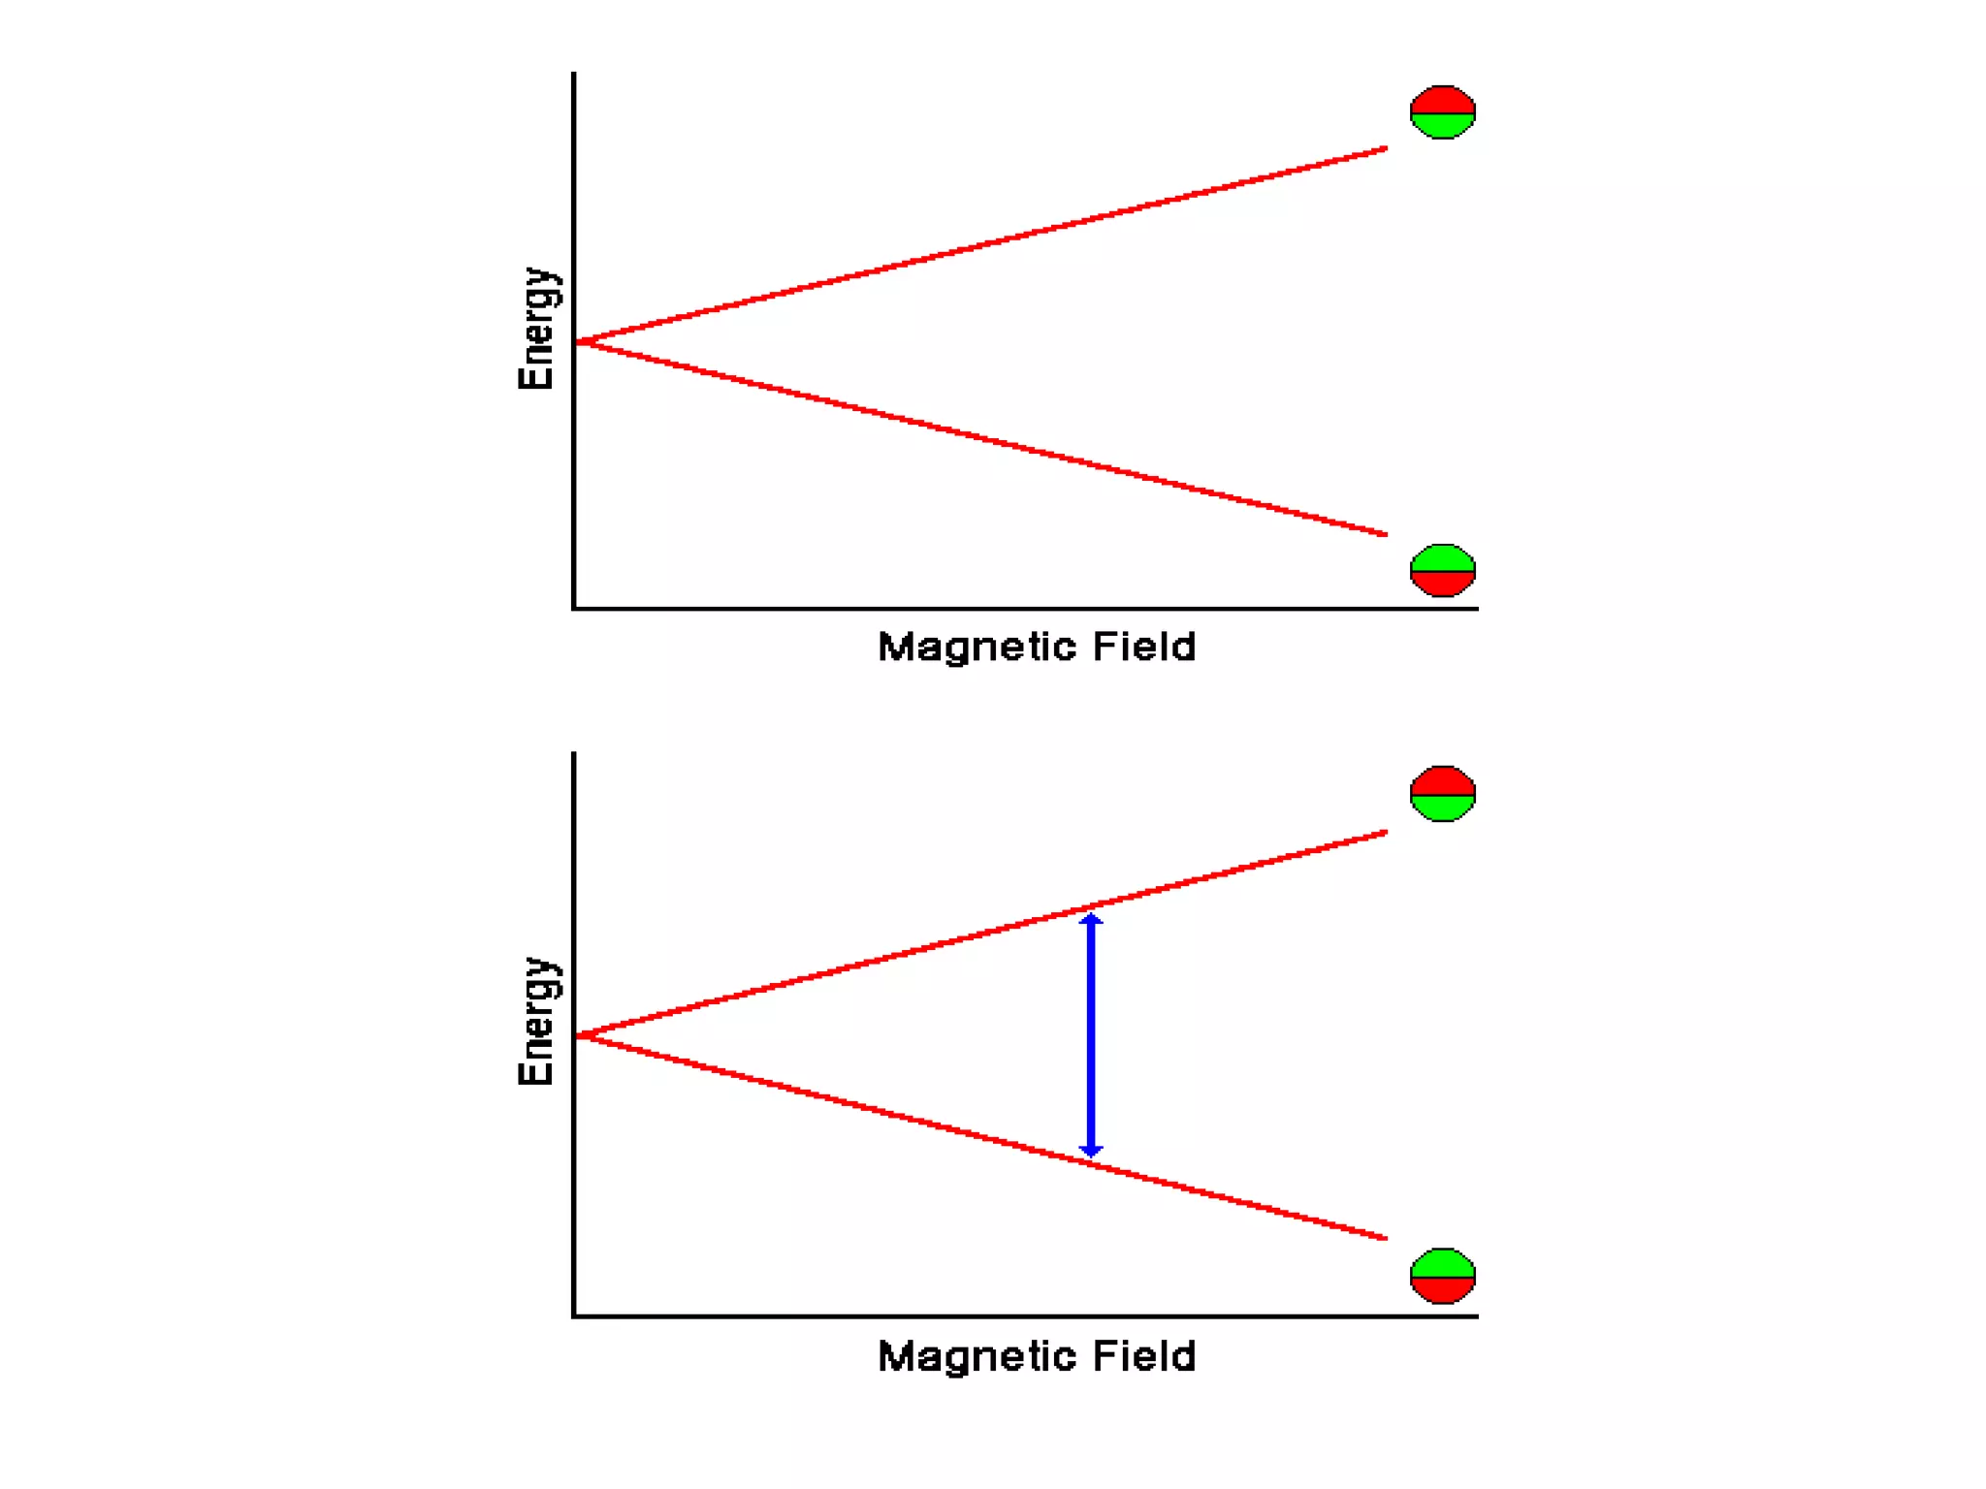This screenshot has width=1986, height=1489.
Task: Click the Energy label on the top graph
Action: coord(536,329)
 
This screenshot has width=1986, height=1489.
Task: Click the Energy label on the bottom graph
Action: coord(536,1021)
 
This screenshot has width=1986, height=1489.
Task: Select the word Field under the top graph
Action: coord(1144,646)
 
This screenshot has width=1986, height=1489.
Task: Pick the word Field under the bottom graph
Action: coord(1144,1355)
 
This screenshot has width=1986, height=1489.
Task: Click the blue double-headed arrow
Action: coord(1091,1035)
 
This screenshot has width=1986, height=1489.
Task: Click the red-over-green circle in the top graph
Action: coord(1442,112)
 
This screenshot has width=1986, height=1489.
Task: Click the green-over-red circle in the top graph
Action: coord(1442,570)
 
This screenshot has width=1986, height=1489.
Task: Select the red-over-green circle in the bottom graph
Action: coord(1442,794)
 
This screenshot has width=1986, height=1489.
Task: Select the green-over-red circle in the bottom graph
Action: coord(1442,1276)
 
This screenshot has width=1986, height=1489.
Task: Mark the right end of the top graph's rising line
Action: coord(1384,149)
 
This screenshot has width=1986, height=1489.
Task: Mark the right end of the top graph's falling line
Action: coord(1384,533)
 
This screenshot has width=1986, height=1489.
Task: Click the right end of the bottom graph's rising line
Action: coord(1384,833)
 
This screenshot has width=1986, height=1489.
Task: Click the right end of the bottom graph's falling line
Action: coord(1384,1237)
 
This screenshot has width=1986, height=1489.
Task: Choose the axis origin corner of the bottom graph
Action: coord(574,1315)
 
